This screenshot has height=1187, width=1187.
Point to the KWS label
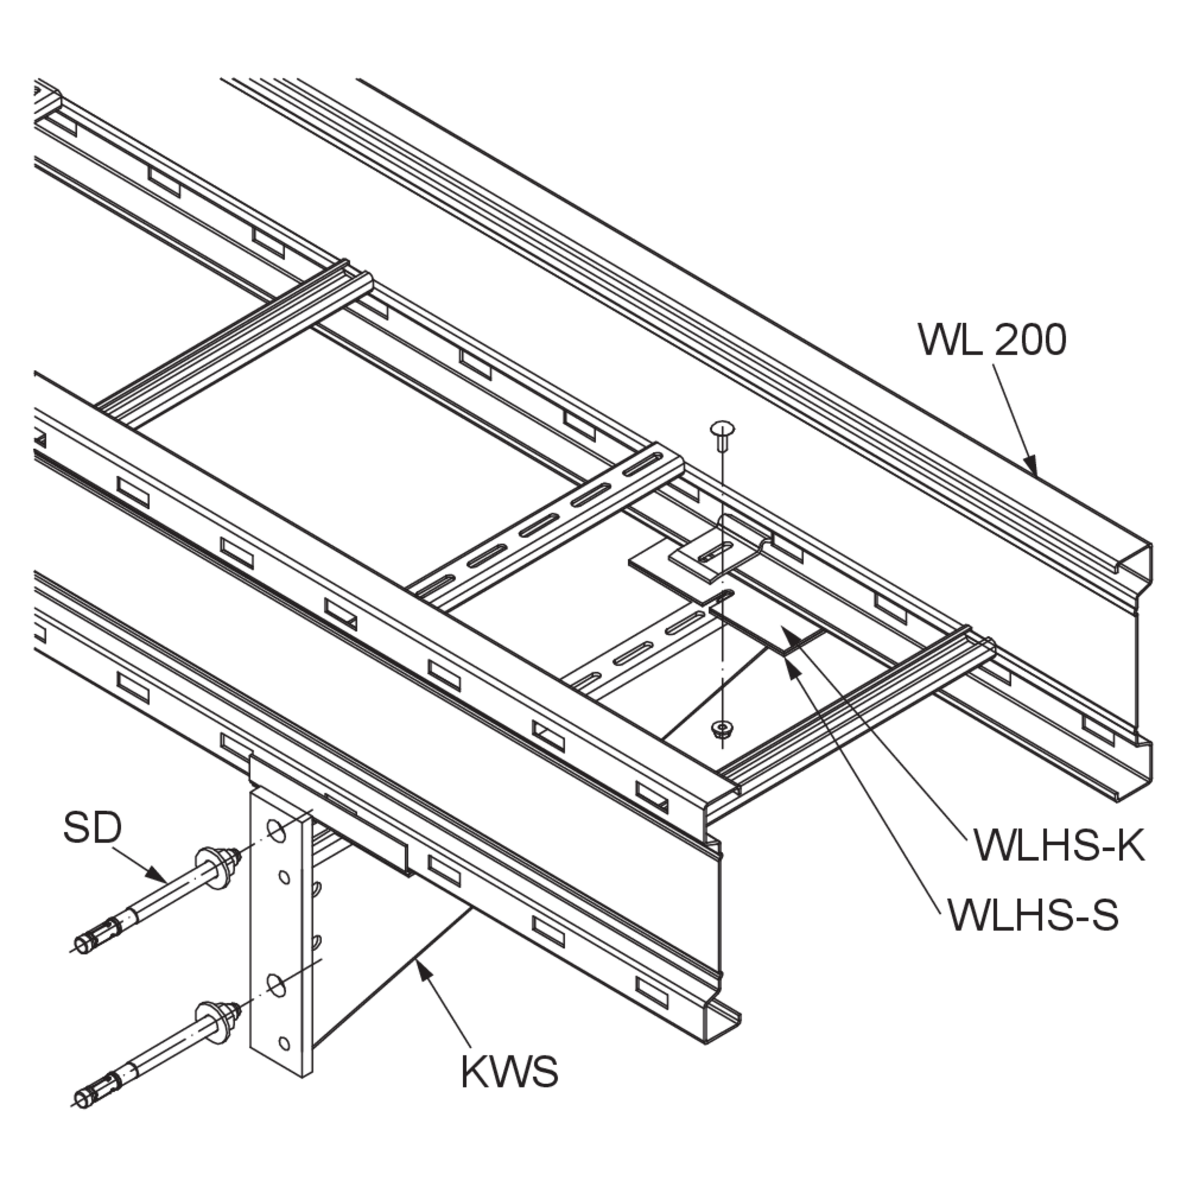509,1072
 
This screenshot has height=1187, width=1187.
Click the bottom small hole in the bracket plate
284,1043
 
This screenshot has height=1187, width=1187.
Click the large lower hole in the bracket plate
276,987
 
